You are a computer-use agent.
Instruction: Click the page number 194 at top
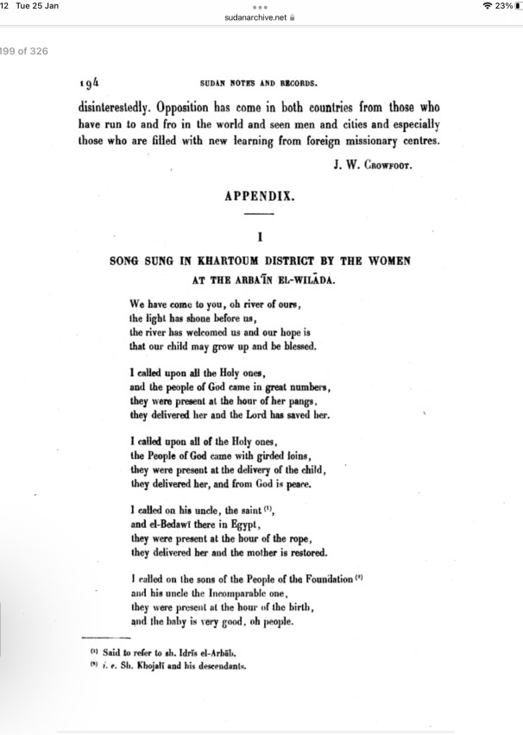91,84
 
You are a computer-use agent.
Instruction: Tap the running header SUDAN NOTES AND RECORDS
260,85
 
